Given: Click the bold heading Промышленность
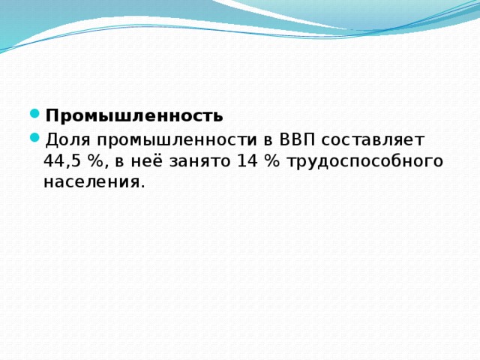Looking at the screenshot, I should tap(133, 116).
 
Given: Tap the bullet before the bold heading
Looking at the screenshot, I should tap(35, 115).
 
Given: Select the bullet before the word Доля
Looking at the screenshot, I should tap(35, 139).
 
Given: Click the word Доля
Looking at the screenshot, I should tap(67, 140).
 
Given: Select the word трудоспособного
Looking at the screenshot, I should tap(364, 162).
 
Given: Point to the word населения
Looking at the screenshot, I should tap(91, 182).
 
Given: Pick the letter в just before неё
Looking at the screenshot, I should tap(121, 162).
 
